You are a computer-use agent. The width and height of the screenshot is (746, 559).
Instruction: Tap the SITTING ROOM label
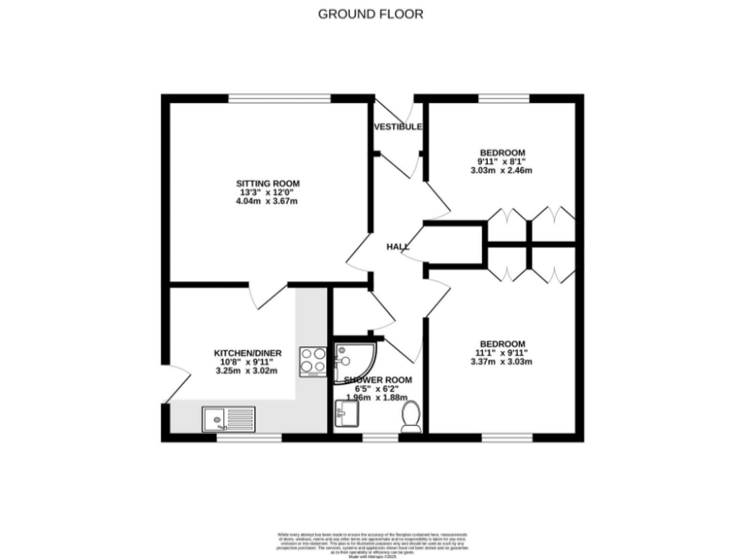[267, 183]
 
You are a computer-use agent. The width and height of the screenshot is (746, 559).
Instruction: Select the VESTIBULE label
[397, 127]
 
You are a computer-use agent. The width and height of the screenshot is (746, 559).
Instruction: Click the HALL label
[396, 247]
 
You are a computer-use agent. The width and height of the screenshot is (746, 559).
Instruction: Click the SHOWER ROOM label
[378, 379]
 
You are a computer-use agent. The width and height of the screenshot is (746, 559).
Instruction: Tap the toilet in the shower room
[411, 415]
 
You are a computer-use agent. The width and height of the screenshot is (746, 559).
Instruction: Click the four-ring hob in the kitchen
[314, 360]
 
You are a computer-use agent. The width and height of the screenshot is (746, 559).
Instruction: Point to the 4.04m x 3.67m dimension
[266, 202]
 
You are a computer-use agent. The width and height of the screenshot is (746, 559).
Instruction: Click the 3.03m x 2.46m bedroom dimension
[502, 171]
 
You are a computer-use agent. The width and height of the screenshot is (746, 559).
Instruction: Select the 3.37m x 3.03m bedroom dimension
[502, 362]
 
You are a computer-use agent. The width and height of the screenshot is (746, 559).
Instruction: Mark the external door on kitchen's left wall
[167, 385]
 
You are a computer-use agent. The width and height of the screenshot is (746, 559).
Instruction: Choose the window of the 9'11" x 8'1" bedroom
[502, 97]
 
